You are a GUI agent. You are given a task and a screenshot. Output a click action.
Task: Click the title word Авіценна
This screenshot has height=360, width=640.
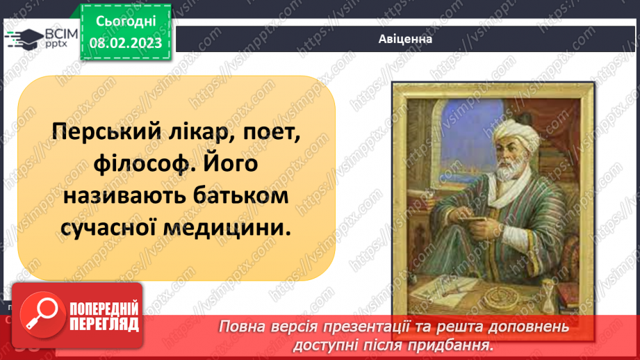[405, 40]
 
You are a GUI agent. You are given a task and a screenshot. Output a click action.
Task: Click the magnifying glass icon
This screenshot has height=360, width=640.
[39, 314]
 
